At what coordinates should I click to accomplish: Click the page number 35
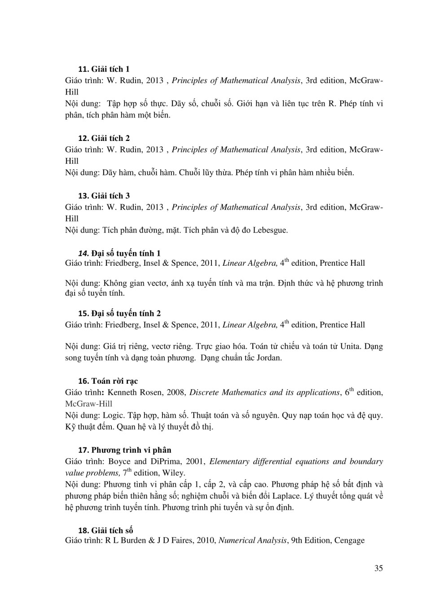point(378,568)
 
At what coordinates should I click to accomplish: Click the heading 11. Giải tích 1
point(104,69)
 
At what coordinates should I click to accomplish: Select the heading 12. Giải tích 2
point(104,138)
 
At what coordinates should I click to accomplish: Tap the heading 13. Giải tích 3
point(104,196)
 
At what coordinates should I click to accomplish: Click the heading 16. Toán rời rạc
point(108,381)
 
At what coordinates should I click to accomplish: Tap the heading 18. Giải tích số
point(106,530)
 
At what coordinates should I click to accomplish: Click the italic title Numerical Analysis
point(252,540)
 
